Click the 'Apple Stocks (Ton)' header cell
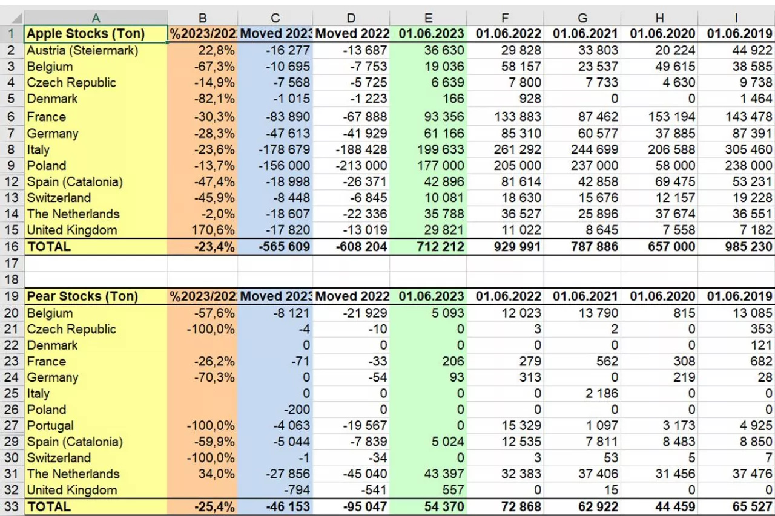[x=95, y=34]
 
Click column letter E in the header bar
[x=429, y=18]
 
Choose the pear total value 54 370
[x=444, y=506]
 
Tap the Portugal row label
[x=50, y=425]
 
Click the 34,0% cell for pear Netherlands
[x=216, y=474]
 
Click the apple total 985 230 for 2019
[x=740, y=246]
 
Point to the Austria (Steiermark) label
[x=82, y=50]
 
